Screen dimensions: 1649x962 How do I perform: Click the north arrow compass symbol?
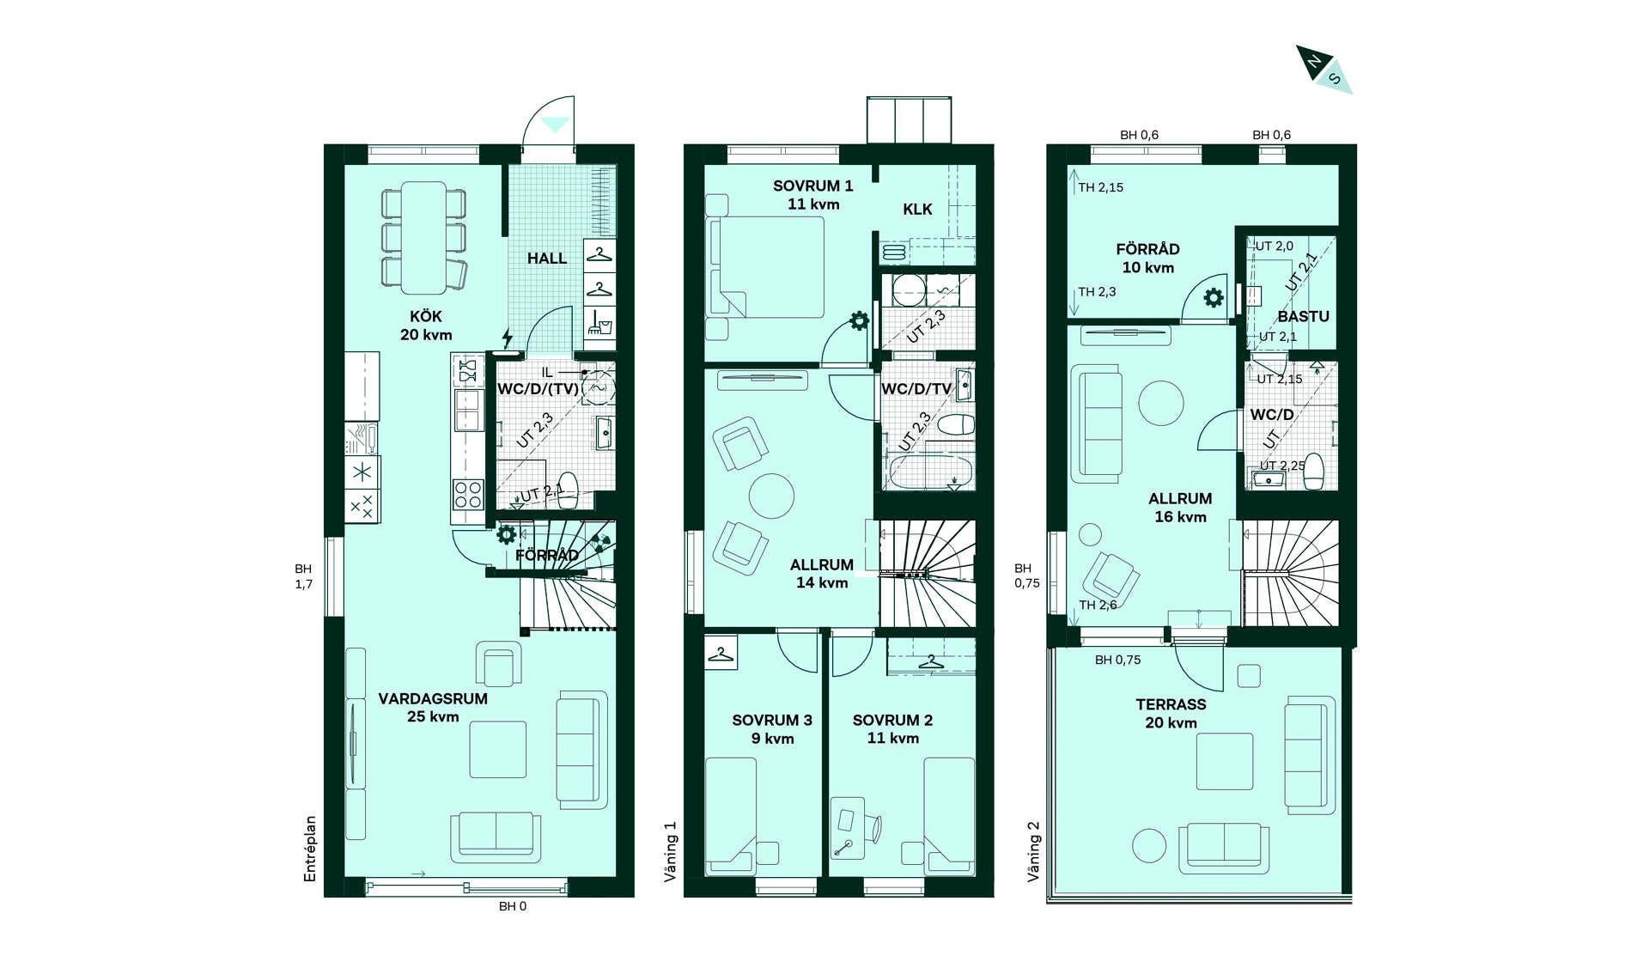[x=1323, y=70]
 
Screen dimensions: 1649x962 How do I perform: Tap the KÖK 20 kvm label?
[x=426, y=326]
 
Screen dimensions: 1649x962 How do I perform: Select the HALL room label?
[x=547, y=259]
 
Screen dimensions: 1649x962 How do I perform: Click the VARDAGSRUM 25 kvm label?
[x=433, y=708]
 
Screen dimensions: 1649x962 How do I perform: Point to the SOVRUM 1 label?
[x=813, y=186]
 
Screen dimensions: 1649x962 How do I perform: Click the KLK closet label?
[x=917, y=210]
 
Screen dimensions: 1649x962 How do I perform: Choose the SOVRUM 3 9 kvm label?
[x=772, y=729]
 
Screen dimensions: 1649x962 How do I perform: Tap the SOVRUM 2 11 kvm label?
[x=892, y=729]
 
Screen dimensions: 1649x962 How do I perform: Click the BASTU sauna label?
[x=1303, y=316]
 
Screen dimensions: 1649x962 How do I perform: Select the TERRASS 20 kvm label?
[x=1171, y=713]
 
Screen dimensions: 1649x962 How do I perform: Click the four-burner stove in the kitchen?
[x=468, y=495]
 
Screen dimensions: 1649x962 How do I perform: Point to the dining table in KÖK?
[x=424, y=237]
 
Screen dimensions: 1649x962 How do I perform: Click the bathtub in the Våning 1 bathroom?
[x=931, y=472]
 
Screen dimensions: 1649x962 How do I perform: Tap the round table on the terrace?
[x=1149, y=845]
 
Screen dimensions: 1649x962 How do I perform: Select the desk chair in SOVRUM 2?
[x=873, y=828]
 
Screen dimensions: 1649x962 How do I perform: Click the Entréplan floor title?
[x=310, y=849]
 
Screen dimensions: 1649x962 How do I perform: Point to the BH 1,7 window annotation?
[x=303, y=576]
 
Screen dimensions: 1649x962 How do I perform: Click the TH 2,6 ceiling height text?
[x=1098, y=605]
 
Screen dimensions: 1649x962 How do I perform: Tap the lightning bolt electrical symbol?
[x=508, y=338]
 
